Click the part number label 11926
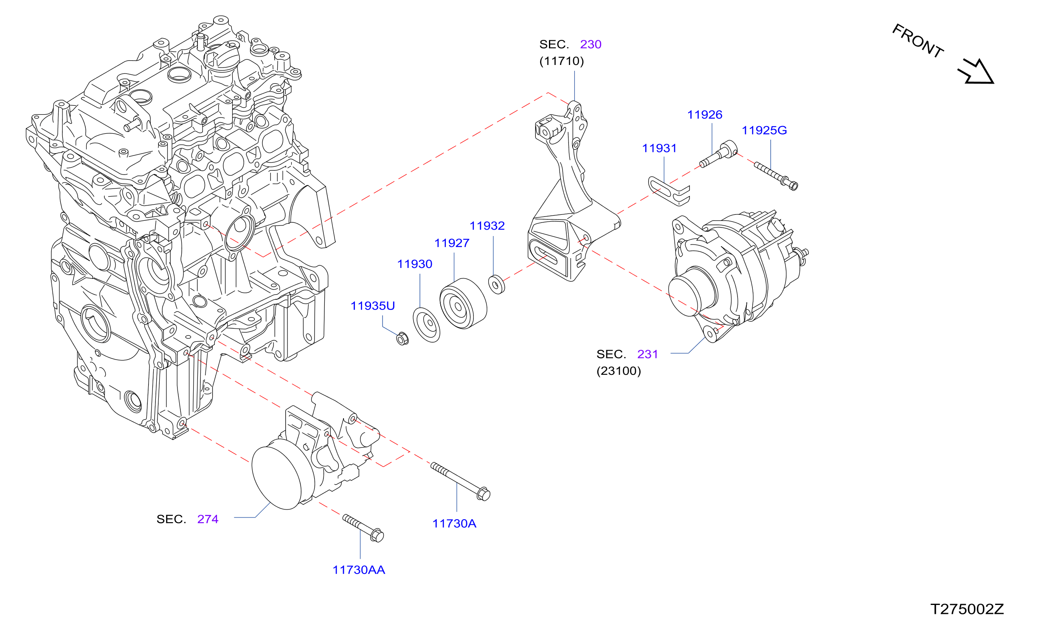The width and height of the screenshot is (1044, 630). pos(704,115)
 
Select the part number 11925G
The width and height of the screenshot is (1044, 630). pos(764,130)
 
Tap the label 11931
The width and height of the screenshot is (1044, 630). pos(659,148)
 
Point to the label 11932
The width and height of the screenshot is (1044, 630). pos(487,226)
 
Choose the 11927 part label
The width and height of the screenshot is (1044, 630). pos(452,243)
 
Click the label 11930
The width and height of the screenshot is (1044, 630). pos(414,264)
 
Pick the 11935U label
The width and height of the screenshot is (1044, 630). pos(373,306)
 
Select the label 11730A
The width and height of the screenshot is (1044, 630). pos(454,524)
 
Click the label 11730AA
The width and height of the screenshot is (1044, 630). pos(359,570)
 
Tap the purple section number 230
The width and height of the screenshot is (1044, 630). pos(591,45)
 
